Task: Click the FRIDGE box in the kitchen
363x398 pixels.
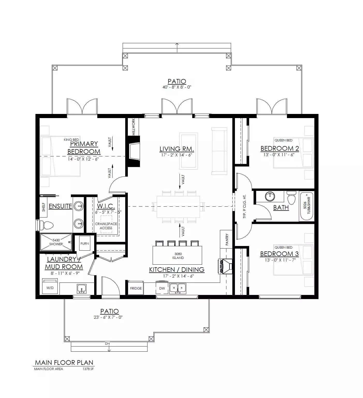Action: point(136,288)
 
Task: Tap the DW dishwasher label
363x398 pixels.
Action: point(162,288)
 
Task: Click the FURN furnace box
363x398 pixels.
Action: point(85,243)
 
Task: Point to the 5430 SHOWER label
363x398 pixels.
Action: point(56,242)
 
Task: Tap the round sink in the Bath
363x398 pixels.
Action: point(270,197)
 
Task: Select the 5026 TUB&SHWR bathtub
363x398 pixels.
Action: point(307,206)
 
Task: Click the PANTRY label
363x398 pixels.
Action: point(227,240)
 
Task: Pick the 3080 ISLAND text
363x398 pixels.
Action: point(178,256)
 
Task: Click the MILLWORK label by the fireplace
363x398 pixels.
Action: point(134,127)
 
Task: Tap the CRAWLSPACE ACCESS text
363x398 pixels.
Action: point(106,226)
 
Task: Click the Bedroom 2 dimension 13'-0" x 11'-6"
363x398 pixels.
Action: point(279,155)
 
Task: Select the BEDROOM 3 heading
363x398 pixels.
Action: point(279,254)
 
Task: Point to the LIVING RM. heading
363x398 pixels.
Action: point(176,149)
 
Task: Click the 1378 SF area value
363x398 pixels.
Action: point(88,369)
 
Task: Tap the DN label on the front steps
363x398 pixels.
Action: point(107,344)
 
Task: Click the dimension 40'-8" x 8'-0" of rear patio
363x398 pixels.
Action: point(177,87)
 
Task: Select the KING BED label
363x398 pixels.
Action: point(71,140)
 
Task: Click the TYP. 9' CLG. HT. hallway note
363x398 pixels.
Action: point(245,207)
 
